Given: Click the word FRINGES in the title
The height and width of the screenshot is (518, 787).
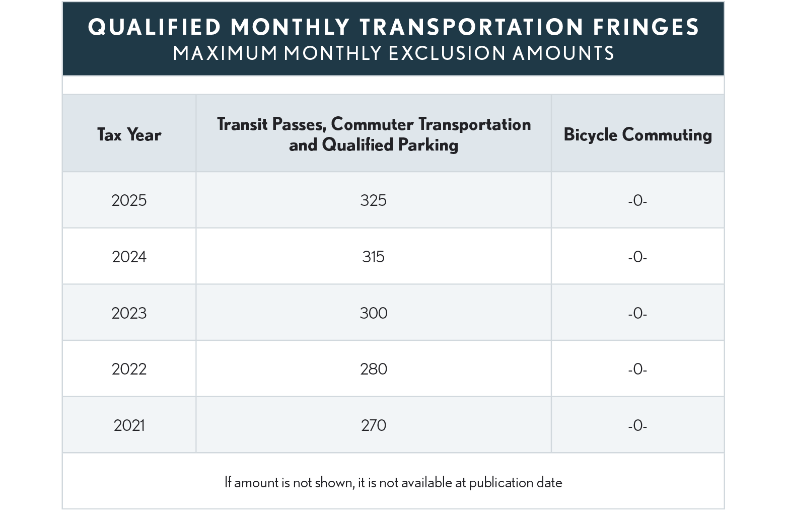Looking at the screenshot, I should (x=646, y=27).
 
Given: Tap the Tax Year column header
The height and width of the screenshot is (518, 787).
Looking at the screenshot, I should (x=129, y=135).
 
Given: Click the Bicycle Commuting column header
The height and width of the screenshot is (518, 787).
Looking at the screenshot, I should (x=637, y=135).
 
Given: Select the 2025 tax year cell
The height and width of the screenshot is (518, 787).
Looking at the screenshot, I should (x=129, y=200).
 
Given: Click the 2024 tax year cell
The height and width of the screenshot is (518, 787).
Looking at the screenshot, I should (x=129, y=257).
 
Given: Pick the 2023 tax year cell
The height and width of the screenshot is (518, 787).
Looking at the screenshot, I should (x=129, y=313).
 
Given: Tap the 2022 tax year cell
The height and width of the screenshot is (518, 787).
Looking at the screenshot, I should (x=129, y=369).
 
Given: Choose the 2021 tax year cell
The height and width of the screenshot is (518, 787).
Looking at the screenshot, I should (x=129, y=425).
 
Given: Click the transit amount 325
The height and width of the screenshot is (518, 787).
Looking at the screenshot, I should (x=373, y=200).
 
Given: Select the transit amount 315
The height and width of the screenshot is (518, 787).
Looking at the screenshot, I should (x=373, y=257).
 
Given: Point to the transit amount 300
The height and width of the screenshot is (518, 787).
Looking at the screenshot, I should (x=373, y=313).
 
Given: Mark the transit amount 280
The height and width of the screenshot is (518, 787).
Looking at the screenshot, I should (x=373, y=369).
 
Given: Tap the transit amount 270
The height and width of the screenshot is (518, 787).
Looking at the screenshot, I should (x=373, y=425).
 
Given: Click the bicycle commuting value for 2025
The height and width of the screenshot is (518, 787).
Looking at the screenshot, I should (x=637, y=201).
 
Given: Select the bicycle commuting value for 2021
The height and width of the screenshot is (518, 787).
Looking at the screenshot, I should (x=637, y=426).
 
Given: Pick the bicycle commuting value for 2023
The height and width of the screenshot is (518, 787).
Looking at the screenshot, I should (x=637, y=314).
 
